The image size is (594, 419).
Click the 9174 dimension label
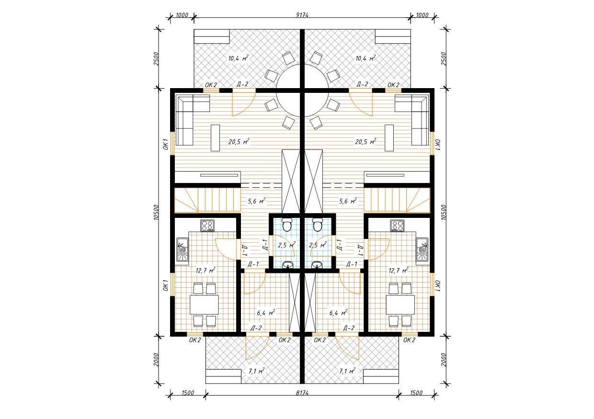coord(302,15)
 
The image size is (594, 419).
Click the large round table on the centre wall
coord(302,91)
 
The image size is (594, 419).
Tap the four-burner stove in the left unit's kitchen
coord(207,226)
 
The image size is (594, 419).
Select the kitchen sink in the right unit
coord(422,249)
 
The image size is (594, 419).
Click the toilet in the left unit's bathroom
coord(286,225)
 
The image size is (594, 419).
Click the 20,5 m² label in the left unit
coord(239,142)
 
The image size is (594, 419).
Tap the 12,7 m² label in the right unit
coord(398,271)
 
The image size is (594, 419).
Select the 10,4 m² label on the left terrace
coord(239,58)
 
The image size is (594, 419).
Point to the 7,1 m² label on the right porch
coord(347,371)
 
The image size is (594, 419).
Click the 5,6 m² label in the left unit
coord(256,201)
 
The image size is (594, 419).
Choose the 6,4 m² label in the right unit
coord(338,313)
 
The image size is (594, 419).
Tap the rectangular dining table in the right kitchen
coord(400,305)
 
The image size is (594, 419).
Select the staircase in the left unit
coord(207,200)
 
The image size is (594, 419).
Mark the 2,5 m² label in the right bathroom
coord(318,245)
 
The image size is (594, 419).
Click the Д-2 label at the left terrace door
coord(242,84)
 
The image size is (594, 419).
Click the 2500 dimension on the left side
coord(156,58)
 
